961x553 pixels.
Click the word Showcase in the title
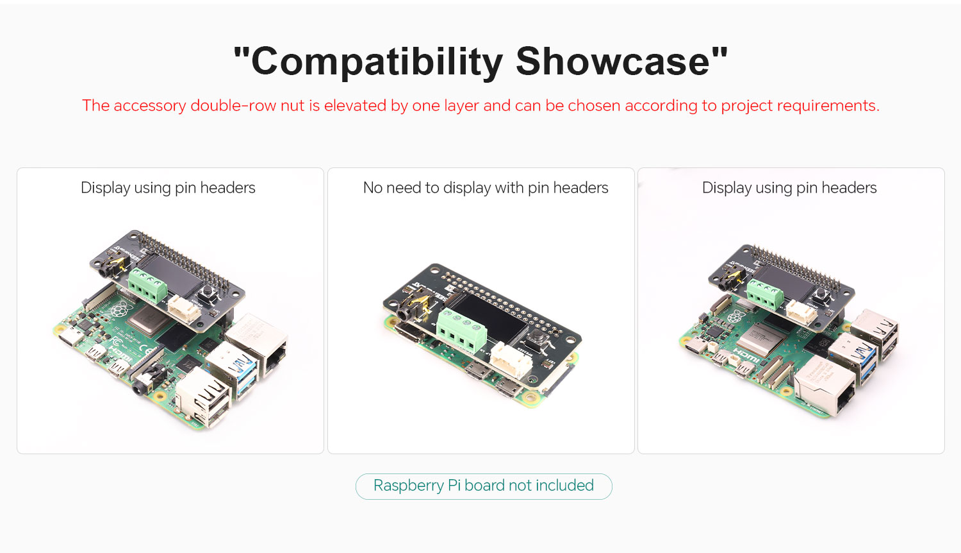[612, 61]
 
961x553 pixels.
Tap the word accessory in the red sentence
[150, 106]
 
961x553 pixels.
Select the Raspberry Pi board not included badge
[484, 486]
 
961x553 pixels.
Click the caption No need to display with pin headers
[485, 188]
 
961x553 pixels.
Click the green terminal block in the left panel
[148, 285]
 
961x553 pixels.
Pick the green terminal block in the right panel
[765, 293]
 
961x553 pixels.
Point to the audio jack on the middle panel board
[413, 307]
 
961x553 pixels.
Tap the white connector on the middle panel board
[511, 360]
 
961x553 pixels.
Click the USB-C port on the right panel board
[694, 346]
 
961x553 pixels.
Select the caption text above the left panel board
[168, 188]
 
